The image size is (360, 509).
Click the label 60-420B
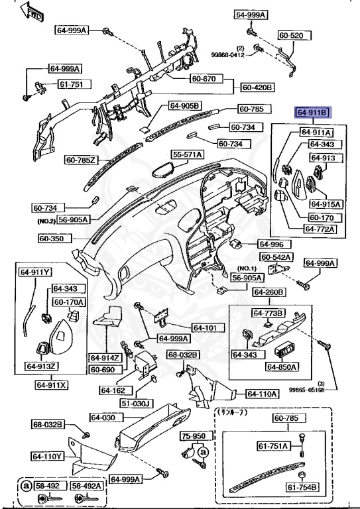pyautogui.click(x=258, y=87)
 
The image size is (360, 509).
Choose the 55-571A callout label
pyautogui.click(x=188, y=154)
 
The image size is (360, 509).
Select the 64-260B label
pyautogui.click(x=269, y=292)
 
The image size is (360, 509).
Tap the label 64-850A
pyautogui.click(x=282, y=367)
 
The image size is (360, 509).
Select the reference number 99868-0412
pyautogui.click(x=229, y=55)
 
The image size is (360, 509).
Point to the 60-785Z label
pyautogui.click(x=82, y=160)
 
